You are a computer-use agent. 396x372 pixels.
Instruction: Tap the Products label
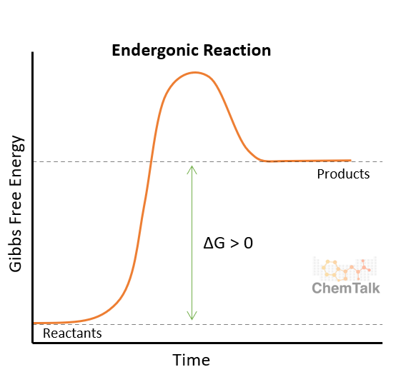[x=343, y=174]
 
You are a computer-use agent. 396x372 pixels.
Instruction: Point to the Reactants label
[x=72, y=333]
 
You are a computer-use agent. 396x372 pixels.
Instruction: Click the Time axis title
[x=191, y=358]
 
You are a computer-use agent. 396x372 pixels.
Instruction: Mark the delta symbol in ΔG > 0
[x=209, y=243]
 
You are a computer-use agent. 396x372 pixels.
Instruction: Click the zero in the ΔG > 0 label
[x=248, y=243]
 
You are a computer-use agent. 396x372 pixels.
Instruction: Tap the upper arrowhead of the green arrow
[x=191, y=168]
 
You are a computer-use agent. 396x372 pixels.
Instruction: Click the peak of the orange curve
[x=193, y=72]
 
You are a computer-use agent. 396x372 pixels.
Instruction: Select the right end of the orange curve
[x=350, y=161]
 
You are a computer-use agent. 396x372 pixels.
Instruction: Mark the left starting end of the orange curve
[x=34, y=323]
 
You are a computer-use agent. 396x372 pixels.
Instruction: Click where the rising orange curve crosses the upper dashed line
[x=150, y=162]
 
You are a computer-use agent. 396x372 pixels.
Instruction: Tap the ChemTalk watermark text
[x=346, y=288]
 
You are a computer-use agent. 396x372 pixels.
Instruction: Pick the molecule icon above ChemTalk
[x=346, y=268]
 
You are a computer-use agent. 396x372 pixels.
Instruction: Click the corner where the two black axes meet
[x=32, y=343]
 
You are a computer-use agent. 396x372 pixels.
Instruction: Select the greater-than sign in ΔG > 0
[x=234, y=243]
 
